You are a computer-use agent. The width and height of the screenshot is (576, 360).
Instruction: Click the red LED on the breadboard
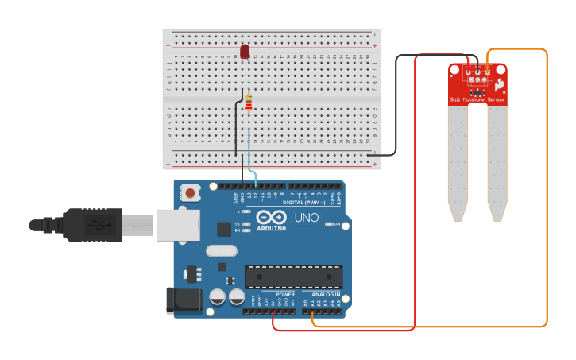point(245,52)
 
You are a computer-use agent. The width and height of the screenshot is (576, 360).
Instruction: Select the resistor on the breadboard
point(249,103)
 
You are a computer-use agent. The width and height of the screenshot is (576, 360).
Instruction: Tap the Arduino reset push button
point(190,192)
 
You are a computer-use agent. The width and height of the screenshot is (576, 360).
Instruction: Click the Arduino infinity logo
point(271,218)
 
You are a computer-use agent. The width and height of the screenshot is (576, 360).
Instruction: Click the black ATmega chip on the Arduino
point(294,277)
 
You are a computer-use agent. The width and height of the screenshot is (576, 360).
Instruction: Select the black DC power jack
point(182,300)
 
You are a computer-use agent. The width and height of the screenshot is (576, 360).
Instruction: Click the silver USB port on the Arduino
point(177,224)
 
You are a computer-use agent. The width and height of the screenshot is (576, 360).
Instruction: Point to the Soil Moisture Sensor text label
point(477,99)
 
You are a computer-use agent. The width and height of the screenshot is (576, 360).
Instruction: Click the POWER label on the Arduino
point(285,294)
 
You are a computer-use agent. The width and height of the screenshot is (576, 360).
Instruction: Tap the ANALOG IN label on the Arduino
point(327,294)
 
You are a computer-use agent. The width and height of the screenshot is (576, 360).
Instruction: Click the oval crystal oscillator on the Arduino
point(221,251)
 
